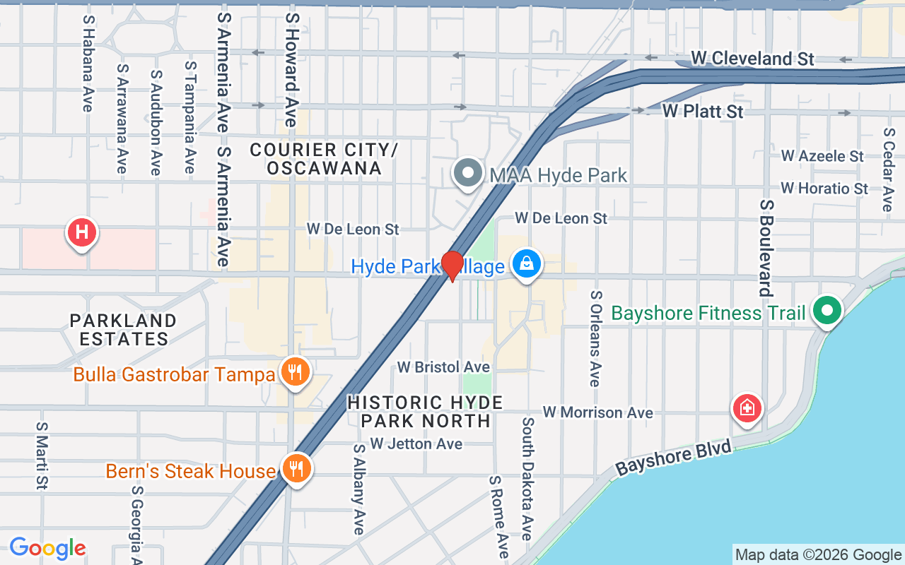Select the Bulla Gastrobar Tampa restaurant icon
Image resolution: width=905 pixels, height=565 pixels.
click(x=295, y=372)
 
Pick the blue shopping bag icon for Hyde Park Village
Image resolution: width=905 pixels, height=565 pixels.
click(x=526, y=265)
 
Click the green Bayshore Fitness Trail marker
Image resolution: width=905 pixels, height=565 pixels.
click(x=826, y=311)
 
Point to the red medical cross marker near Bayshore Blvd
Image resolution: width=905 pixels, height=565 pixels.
click(x=747, y=408)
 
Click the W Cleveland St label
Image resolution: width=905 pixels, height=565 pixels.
click(x=752, y=59)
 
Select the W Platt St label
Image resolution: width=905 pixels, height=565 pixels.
click(x=703, y=112)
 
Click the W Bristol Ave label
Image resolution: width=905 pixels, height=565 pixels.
click(x=443, y=367)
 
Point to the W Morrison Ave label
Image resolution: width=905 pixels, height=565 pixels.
click(x=597, y=412)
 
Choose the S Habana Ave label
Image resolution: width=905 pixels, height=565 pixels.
click(x=88, y=64)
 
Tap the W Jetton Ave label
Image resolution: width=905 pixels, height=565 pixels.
click(x=416, y=444)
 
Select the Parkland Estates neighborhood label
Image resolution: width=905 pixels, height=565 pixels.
click(x=123, y=330)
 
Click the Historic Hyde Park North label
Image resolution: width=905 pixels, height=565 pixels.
click(x=425, y=412)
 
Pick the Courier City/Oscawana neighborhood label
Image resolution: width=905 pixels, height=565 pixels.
click(x=324, y=159)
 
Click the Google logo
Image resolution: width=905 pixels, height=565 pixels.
click(x=47, y=548)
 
